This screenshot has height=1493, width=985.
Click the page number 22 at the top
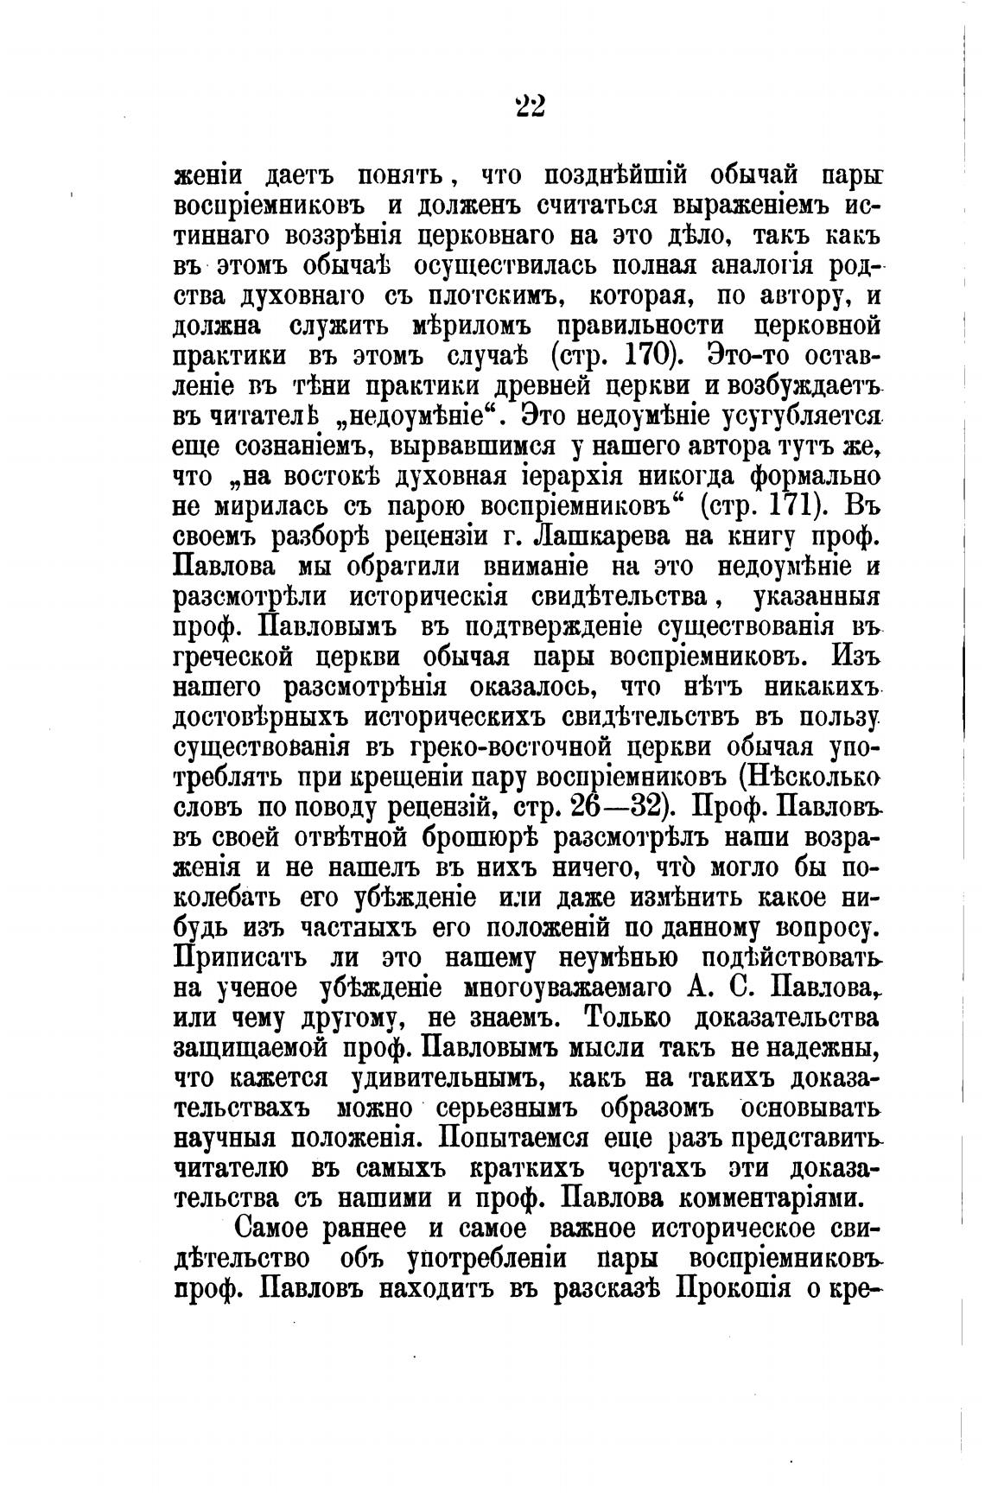tap(530, 106)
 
